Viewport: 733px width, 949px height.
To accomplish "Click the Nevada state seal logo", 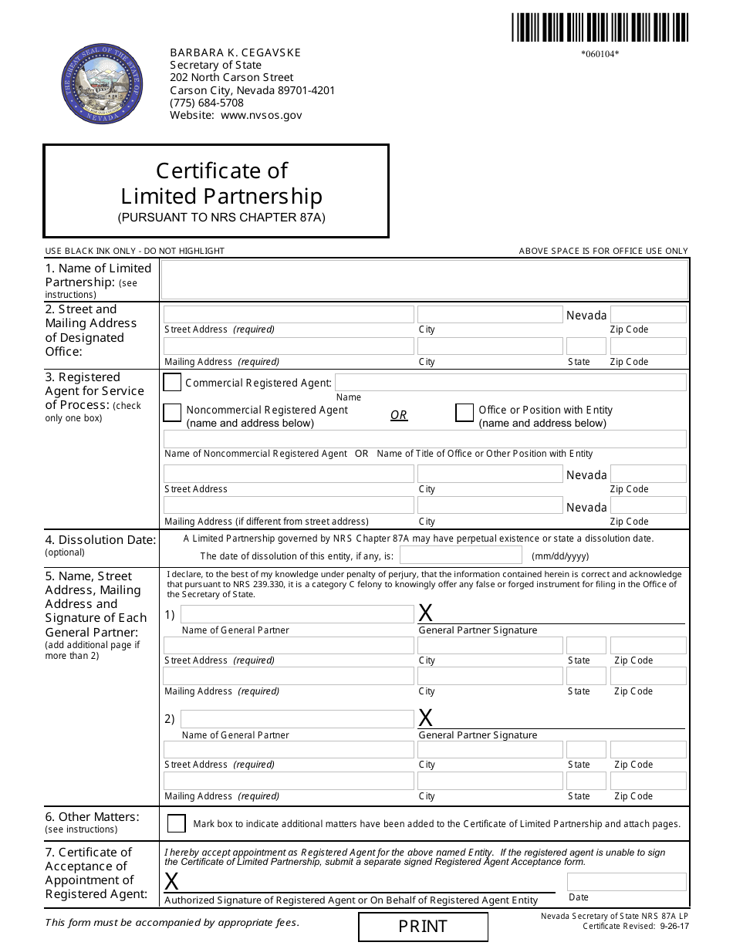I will click(102, 84).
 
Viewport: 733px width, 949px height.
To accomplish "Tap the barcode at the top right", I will click(600, 27).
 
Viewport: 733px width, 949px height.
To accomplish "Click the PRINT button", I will click(423, 927).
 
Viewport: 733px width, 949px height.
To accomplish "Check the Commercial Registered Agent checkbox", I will click(173, 383).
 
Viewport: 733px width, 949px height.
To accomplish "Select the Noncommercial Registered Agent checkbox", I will click(173, 413).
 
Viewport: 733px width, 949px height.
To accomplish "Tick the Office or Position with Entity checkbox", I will click(464, 413).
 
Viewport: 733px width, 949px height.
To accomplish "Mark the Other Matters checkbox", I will click(177, 823).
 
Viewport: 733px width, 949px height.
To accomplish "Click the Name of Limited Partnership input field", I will click(424, 279).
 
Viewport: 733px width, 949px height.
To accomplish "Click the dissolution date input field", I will click(461, 556).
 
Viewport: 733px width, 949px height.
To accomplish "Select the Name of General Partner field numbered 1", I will click(297, 614).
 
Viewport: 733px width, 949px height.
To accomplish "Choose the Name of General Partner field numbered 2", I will click(297, 719).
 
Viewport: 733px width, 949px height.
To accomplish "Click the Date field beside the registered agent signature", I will click(626, 882).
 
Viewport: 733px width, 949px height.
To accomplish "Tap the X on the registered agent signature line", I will click(172, 881).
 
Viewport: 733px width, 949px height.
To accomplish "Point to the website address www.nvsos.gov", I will click(262, 116).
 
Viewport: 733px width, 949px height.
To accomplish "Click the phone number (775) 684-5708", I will click(207, 103).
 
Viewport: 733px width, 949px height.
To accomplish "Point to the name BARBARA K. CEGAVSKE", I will click(235, 52).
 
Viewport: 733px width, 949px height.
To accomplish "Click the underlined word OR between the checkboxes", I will click(399, 415).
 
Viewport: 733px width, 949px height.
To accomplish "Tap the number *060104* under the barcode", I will click(600, 54).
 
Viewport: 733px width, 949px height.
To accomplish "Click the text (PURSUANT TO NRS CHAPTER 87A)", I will click(221, 218).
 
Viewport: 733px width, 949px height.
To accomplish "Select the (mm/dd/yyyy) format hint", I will click(560, 556).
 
